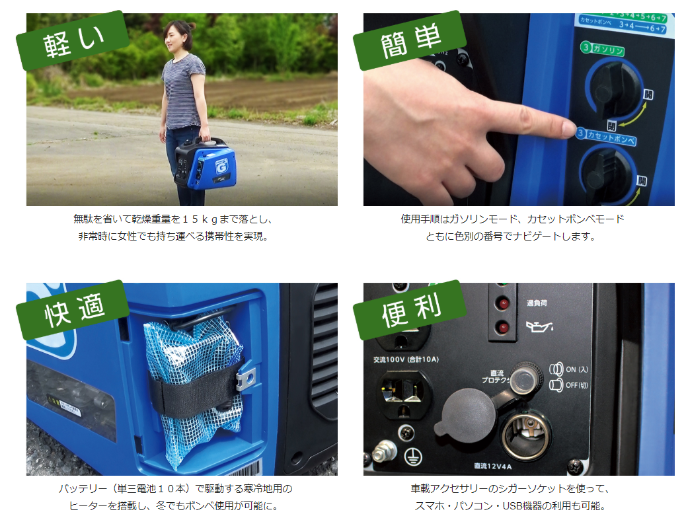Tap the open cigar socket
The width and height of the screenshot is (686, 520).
pos(525,436)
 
